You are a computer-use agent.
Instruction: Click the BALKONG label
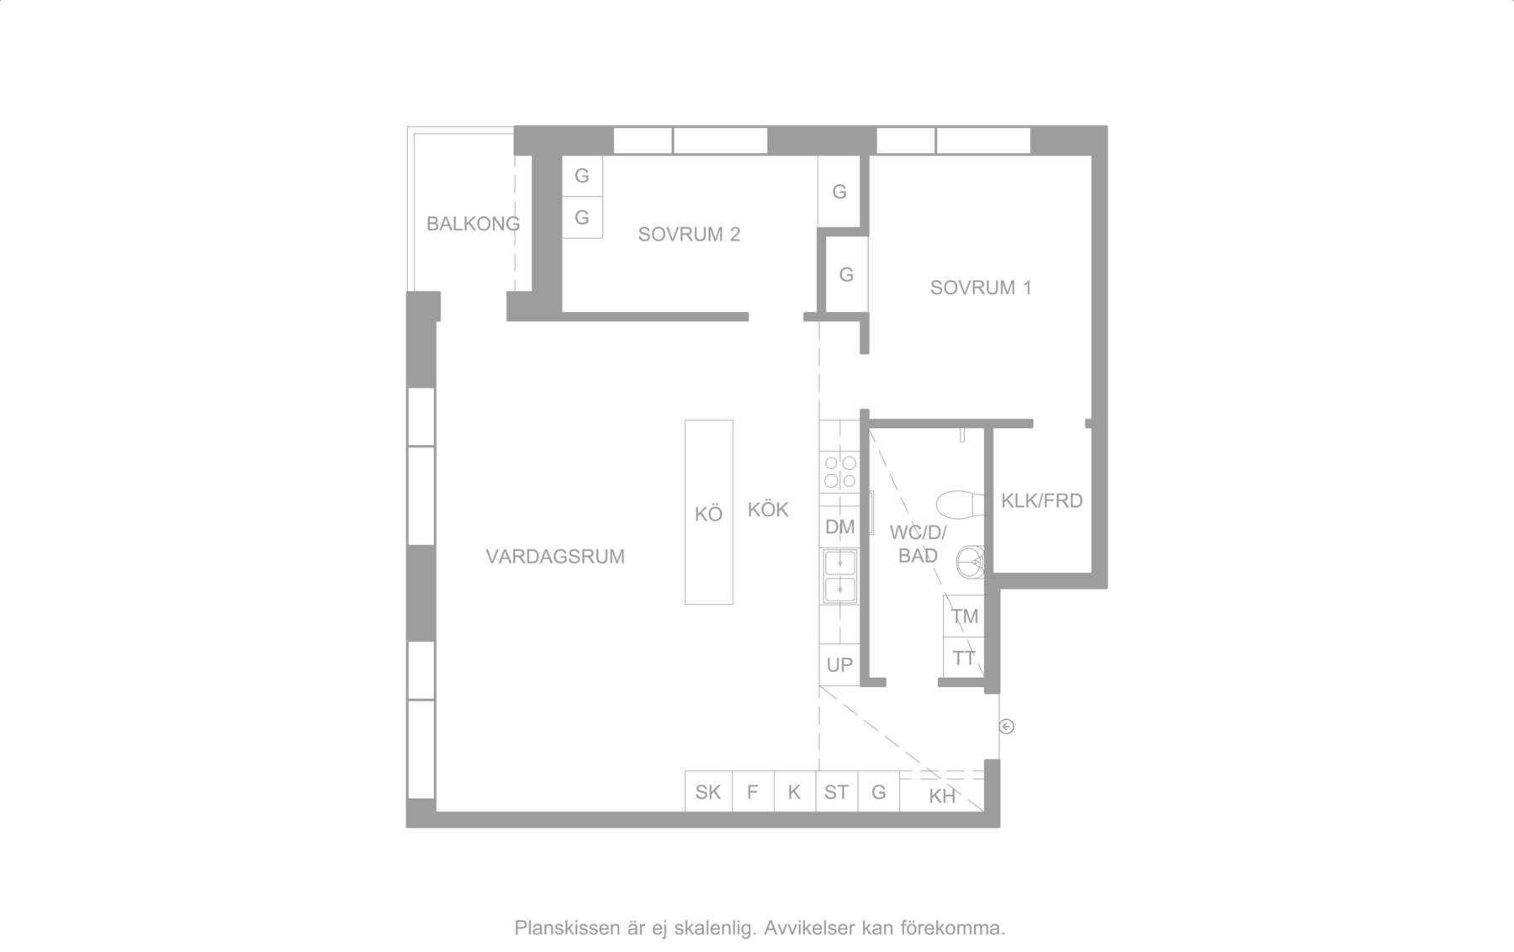click(473, 224)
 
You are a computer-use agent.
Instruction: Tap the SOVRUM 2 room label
click(689, 235)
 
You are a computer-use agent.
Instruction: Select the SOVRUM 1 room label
click(981, 288)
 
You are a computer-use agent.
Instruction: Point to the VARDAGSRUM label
click(555, 557)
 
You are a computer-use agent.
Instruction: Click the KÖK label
click(768, 510)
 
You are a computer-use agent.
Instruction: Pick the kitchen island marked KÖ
click(708, 512)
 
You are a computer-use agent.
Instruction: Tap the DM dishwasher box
click(839, 527)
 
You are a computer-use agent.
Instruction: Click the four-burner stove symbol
click(839, 472)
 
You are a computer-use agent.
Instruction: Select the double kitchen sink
click(839, 577)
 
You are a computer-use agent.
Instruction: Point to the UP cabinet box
click(839, 665)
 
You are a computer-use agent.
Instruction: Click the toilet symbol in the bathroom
click(960, 503)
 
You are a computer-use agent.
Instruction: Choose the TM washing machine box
click(964, 616)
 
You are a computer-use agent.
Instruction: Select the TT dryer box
click(964, 658)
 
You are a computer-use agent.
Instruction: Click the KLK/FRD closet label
click(1041, 501)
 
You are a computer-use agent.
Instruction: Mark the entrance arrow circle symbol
click(1006, 727)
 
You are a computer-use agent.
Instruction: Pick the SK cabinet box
click(708, 791)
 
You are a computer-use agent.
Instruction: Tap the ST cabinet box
click(836, 791)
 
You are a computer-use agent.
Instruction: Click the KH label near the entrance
click(942, 796)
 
